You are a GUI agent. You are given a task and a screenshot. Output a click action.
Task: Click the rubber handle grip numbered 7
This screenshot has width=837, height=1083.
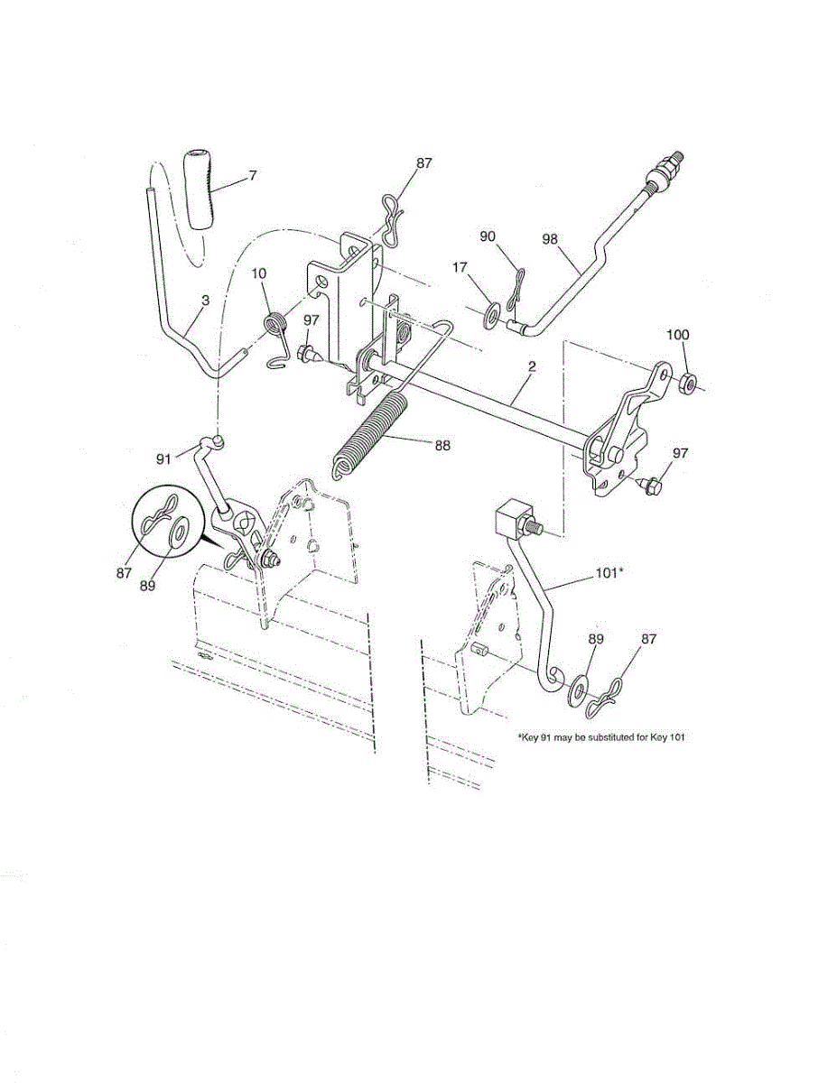199,192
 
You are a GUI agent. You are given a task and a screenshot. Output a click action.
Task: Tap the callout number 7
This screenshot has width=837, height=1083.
252,175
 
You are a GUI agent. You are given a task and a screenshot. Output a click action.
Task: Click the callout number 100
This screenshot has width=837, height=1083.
677,335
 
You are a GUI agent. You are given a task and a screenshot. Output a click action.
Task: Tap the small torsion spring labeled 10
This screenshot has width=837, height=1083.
276,323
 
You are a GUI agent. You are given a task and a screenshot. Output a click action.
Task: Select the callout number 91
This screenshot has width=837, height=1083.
163,458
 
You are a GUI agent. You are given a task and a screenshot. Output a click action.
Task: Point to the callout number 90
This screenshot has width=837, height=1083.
488,236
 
